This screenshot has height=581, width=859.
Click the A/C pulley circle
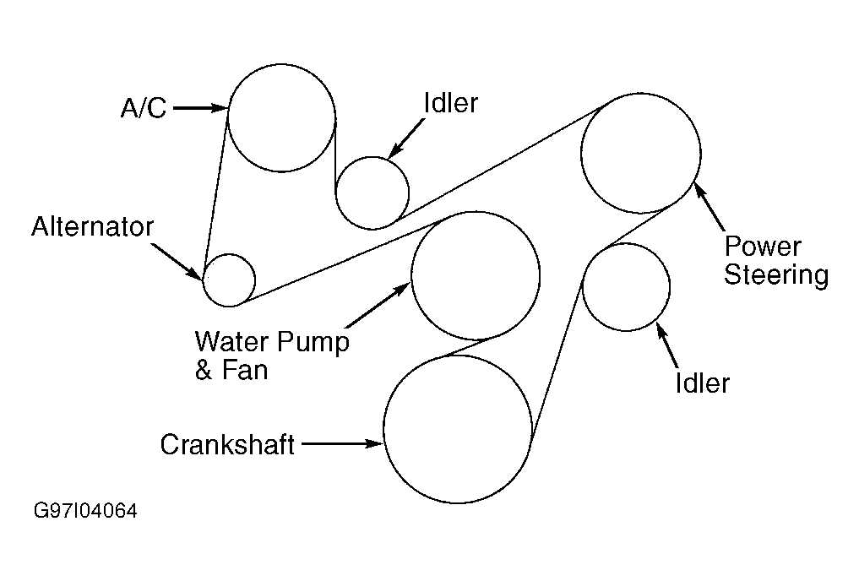(x=282, y=117)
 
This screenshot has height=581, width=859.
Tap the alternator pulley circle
(x=229, y=280)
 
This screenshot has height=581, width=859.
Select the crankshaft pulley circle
(x=458, y=429)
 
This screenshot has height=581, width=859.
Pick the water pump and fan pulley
(x=475, y=275)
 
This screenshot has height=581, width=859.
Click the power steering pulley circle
(x=640, y=153)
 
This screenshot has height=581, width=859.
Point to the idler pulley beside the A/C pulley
(x=372, y=193)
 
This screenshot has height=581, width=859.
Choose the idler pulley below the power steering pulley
(x=626, y=287)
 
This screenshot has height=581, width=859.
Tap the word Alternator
(x=93, y=227)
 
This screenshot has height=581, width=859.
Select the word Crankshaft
(x=227, y=444)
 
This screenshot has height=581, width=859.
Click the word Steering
(x=776, y=275)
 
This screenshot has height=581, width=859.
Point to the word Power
(x=763, y=247)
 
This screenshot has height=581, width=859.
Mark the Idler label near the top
(x=450, y=104)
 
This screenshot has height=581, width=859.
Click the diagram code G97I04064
(x=85, y=512)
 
